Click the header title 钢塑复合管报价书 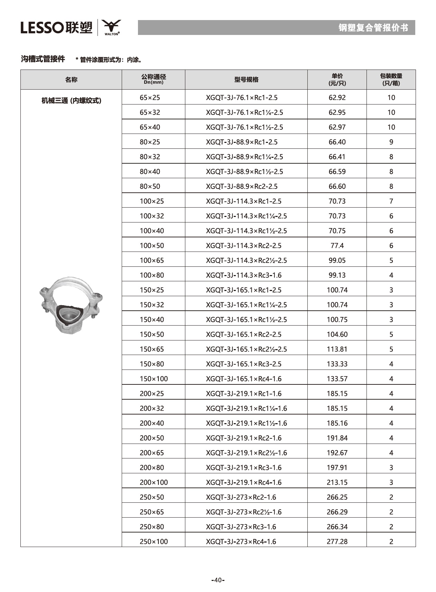[x=373, y=28]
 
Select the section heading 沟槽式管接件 [x=43, y=59]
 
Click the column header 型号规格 [x=246, y=80]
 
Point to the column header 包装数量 [x=391, y=80]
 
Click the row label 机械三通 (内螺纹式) [x=71, y=101]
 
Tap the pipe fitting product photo [x=71, y=304]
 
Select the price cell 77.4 [x=337, y=246]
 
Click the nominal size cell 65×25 [x=150, y=98]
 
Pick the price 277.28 [x=337, y=541]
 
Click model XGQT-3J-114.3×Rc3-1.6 [x=243, y=275]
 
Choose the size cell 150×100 [x=154, y=379]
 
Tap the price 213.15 [x=337, y=482]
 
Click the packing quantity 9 [x=391, y=142]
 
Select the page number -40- [x=218, y=580]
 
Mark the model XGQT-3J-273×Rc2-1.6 [x=241, y=497]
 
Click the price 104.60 [x=337, y=335]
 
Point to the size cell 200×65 [x=151, y=453]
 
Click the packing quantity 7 [x=391, y=201]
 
